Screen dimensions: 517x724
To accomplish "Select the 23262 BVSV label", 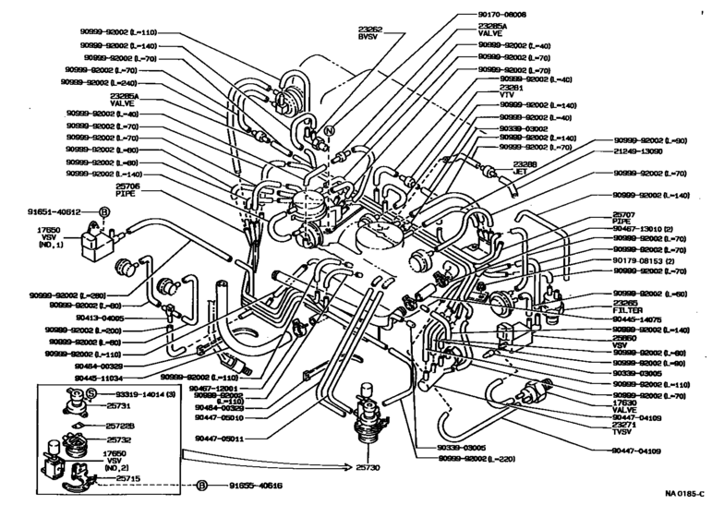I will click(372, 35).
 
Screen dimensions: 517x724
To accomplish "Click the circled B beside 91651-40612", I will click(103, 210).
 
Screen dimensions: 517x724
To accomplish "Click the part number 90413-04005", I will click(102, 318).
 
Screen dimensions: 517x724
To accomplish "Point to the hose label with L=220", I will click(474, 459).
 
